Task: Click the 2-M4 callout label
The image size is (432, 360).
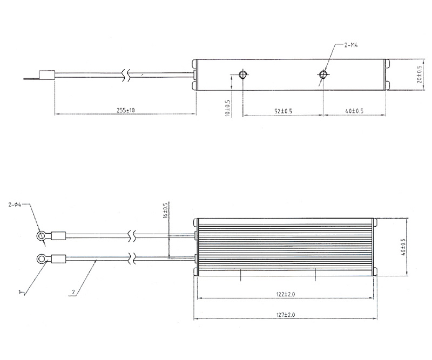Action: pyautogui.click(x=351, y=45)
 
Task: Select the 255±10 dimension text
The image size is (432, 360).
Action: pyautogui.click(x=126, y=110)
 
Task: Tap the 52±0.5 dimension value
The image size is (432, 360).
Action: pyautogui.click(x=283, y=111)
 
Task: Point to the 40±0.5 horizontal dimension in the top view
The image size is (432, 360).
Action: pyautogui.click(x=354, y=111)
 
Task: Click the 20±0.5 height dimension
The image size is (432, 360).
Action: pyautogui.click(x=419, y=74)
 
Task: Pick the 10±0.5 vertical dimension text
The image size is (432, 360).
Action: pyautogui.click(x=228, y=108)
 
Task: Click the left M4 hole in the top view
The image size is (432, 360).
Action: pyautogui.click(x=243, y=74)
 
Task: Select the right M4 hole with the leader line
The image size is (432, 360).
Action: pyautogui.click(x=323, y=74)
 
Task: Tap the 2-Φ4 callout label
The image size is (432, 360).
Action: pyautogui.click(x=15, y=205)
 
